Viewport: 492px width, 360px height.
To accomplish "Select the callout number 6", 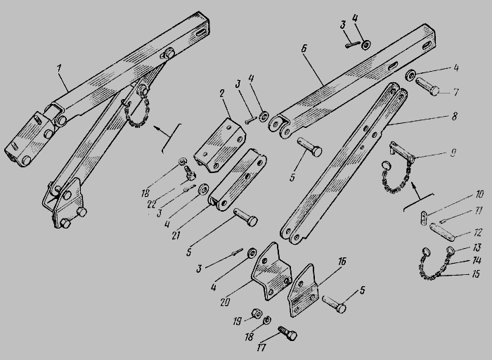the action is pyautogui.click(x=304, y=49).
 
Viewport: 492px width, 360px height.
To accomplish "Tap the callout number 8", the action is pyautogui.click(x=454, y=116).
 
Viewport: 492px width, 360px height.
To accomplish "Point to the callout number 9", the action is pyautogui.click(x=453, y=153).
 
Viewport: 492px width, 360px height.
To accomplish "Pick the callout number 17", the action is pyautogui.click(x=261, y=347).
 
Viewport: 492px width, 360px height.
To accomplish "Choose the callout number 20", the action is pyautogui.click(x=225, y=302).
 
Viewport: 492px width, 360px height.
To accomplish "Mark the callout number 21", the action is pyautogui.click(x=176, y=235).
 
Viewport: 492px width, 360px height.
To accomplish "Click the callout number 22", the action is pyautogui.click(x=152, y=205).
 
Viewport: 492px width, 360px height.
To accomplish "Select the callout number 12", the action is pyautogui.click(x=477, y=233).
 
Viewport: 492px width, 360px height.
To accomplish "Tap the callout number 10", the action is pyautogui.click(x=479, y=194).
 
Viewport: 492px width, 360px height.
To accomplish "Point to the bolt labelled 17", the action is pyautogui.click(x=287, y=333).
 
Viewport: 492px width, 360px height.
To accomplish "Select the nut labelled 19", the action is pyautogui.click(x=257, y=313).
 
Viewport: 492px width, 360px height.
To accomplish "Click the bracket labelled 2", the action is pyautogui.click(x=220, y=145).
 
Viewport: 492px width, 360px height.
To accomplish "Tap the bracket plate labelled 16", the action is pyautogui.click(x=304, y=290).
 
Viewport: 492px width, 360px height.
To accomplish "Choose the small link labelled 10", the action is pyautogui.click(x=423, y=217).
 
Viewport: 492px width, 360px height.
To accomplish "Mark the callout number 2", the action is pyautogui.click(x=222, y=94).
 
